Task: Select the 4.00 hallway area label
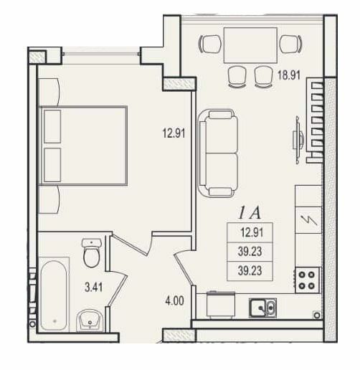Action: (x=174, y=301)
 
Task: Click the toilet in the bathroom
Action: (x=91, y=253)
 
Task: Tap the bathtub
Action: (x=53, y=295)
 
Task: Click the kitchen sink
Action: (x=262, y=308)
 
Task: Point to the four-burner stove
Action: (x=308, y=279)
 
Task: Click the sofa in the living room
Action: (x=218, y=152)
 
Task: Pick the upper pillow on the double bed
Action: (x=52, y=127)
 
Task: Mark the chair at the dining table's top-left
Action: (x=211, y=44)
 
